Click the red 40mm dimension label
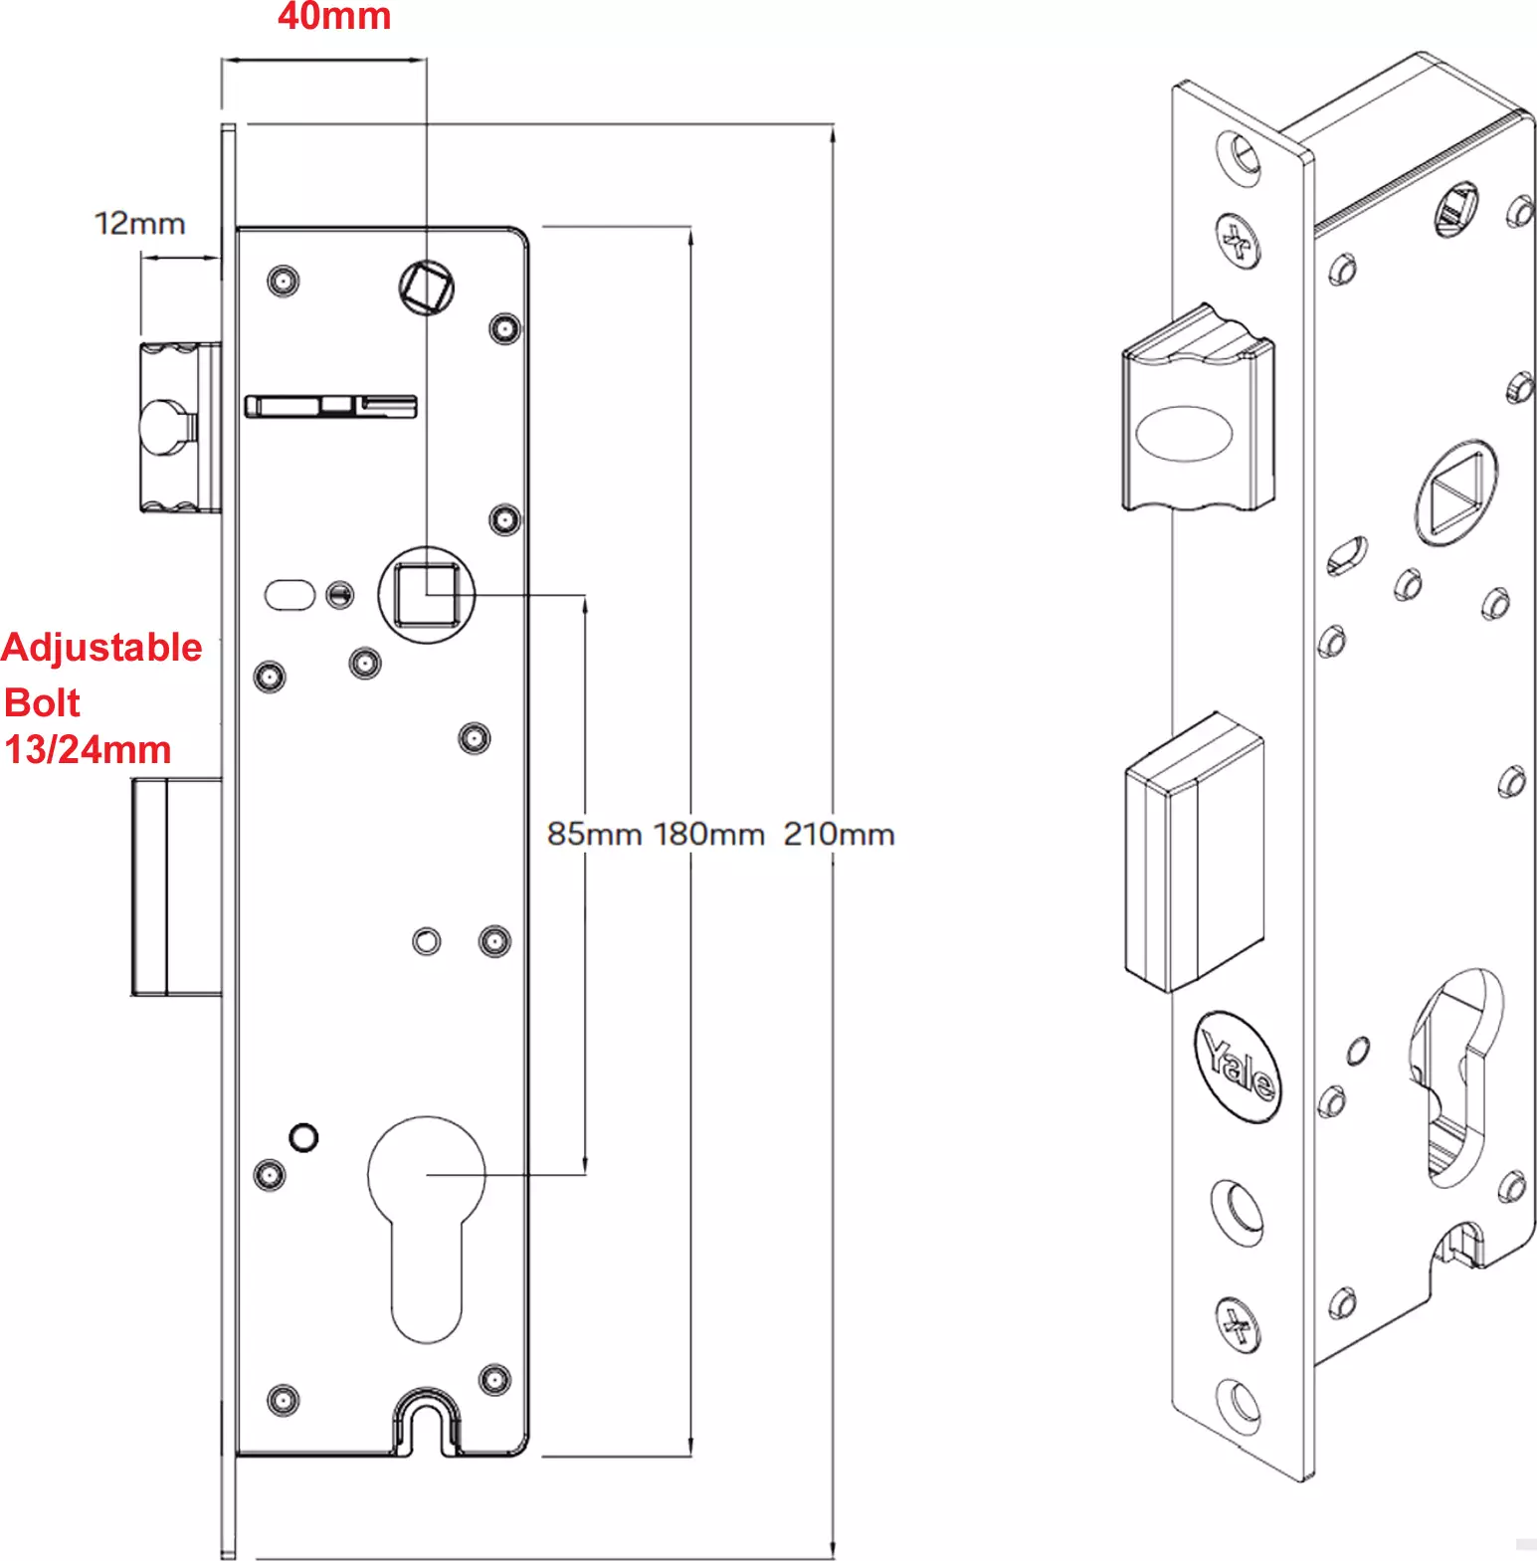point(334,16)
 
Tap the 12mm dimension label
point(140,223)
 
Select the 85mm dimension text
point(594,834)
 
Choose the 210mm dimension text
point(839,834)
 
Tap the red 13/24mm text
point(88,749)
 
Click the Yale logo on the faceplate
point(1238,1067)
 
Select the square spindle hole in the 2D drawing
point(427,595)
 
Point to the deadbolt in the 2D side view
point(176,886)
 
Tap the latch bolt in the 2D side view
point(179,428)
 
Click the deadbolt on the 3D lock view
point(1194,852)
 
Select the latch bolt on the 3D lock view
point(1198,409)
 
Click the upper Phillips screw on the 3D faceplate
point(1239,241)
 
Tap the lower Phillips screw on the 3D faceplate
point(1239,1324)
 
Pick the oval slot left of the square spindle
point(289,595)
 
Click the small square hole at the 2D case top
point(427,288)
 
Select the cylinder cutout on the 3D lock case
point(1454,1079)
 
